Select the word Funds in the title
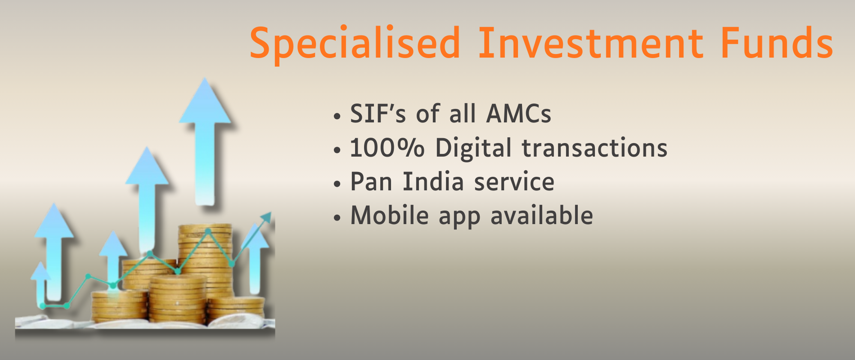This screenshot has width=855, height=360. click(777, 43)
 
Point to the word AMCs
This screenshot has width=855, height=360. click(519, 113)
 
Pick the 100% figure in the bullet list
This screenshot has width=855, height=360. click(387, 148)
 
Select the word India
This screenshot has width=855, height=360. click(433, 181)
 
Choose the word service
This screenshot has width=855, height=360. click(514, 182)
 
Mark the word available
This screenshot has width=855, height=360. click(542, 215)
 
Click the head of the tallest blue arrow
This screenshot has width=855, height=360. click(205, 101)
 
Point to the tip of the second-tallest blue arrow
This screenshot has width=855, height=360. click(147, 147)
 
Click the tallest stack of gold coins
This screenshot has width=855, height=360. click(206, 261)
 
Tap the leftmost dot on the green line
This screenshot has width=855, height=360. click(43, 306)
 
